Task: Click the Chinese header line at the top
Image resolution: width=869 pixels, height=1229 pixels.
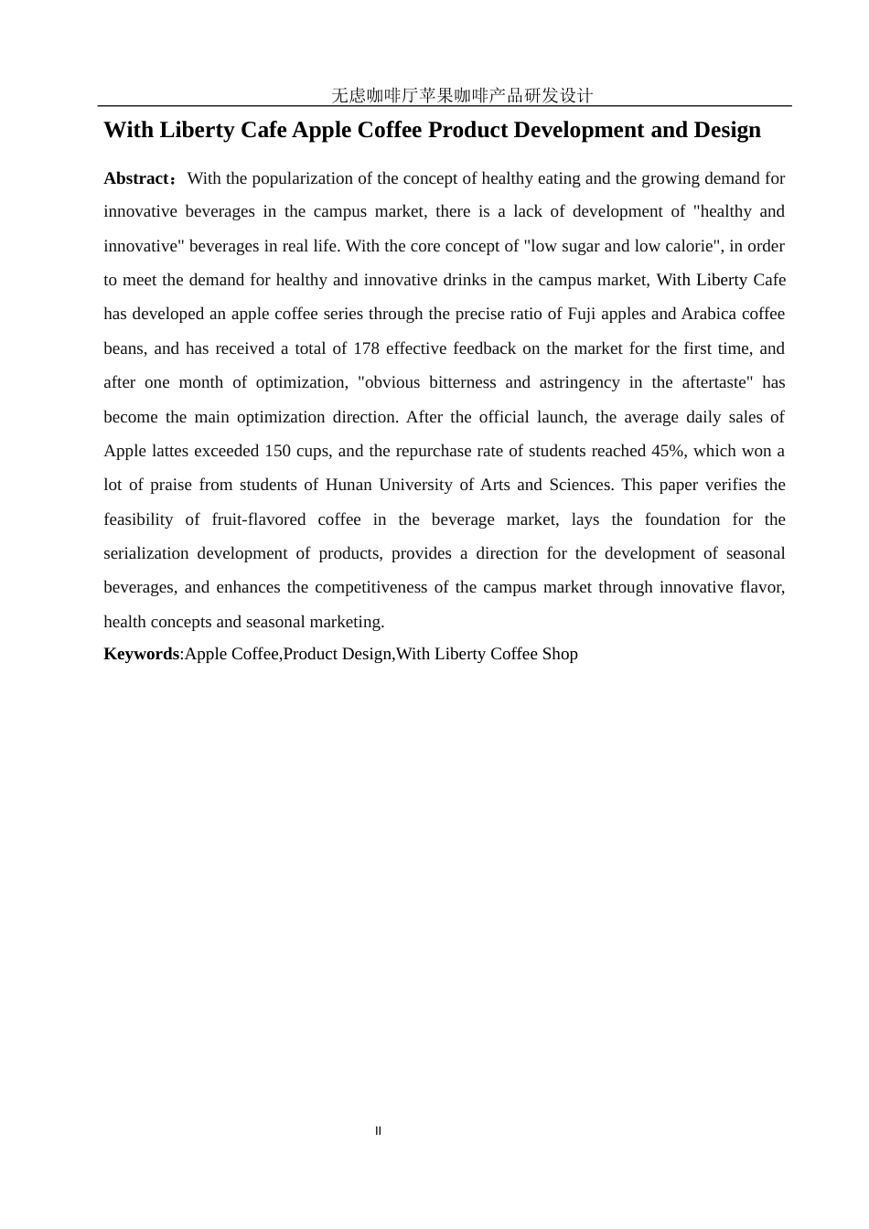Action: click(461, 95)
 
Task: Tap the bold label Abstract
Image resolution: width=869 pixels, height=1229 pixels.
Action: click(137, 178)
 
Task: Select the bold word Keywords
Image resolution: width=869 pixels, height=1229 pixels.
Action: click(141, 654)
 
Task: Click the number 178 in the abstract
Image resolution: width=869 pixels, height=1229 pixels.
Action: click(366, 348)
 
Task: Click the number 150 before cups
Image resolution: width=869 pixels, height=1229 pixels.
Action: click(278, 451)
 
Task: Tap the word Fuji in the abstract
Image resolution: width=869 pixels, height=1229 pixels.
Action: click(581, 314)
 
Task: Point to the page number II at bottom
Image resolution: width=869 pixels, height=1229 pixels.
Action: click(378, 1131)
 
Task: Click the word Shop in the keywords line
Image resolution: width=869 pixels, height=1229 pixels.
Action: click(560, 654)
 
